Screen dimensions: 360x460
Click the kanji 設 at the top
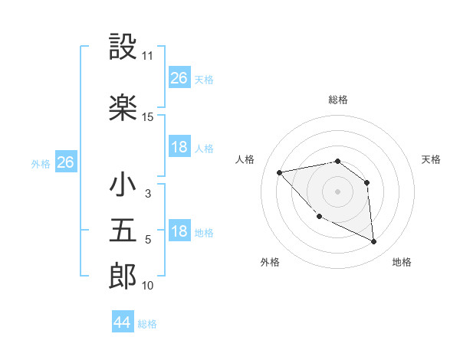tap(123, 47)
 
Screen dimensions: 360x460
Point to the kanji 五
tap(123, 232)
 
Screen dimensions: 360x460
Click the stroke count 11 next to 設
tap(148, 57)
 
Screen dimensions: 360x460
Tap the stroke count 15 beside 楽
tap(148, 117)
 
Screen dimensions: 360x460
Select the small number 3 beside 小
tap(148, 194)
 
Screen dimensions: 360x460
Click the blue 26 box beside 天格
tap(179, 78)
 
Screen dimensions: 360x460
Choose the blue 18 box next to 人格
tap(179, 147)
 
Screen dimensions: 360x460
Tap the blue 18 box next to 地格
tap(179, 232)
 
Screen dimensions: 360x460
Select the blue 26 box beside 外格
tap(66, 162)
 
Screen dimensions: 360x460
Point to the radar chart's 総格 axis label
tap(338, 100)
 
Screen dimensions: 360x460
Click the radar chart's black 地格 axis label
tap(402, 262)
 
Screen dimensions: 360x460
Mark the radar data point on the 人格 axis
tap(280, 172)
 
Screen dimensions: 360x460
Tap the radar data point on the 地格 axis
tap(373, 242)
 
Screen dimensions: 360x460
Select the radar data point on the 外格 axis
tap(319, 217)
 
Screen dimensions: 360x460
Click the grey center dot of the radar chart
tap(338, 191)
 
